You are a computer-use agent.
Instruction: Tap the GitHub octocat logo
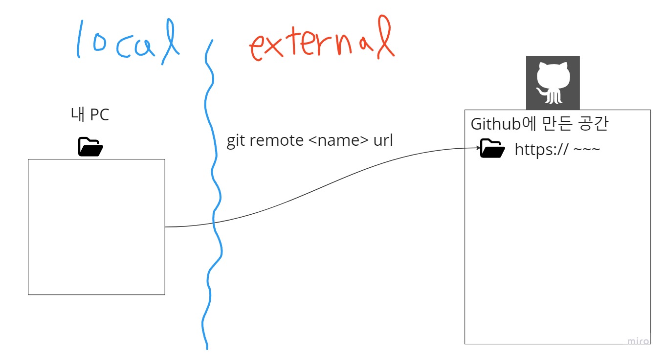coord(553,83)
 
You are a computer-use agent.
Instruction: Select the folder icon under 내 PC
coord(90,147)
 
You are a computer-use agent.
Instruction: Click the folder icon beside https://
coord(492,149)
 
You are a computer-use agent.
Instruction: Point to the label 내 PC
coord(90,115)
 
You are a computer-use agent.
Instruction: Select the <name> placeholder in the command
coord(338,141)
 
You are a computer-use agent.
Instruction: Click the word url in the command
coord(383,140)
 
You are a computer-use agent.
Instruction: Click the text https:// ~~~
coord(557,150)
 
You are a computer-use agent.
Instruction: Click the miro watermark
coord(638,341)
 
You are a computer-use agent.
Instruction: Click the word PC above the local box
coord(99,115)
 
